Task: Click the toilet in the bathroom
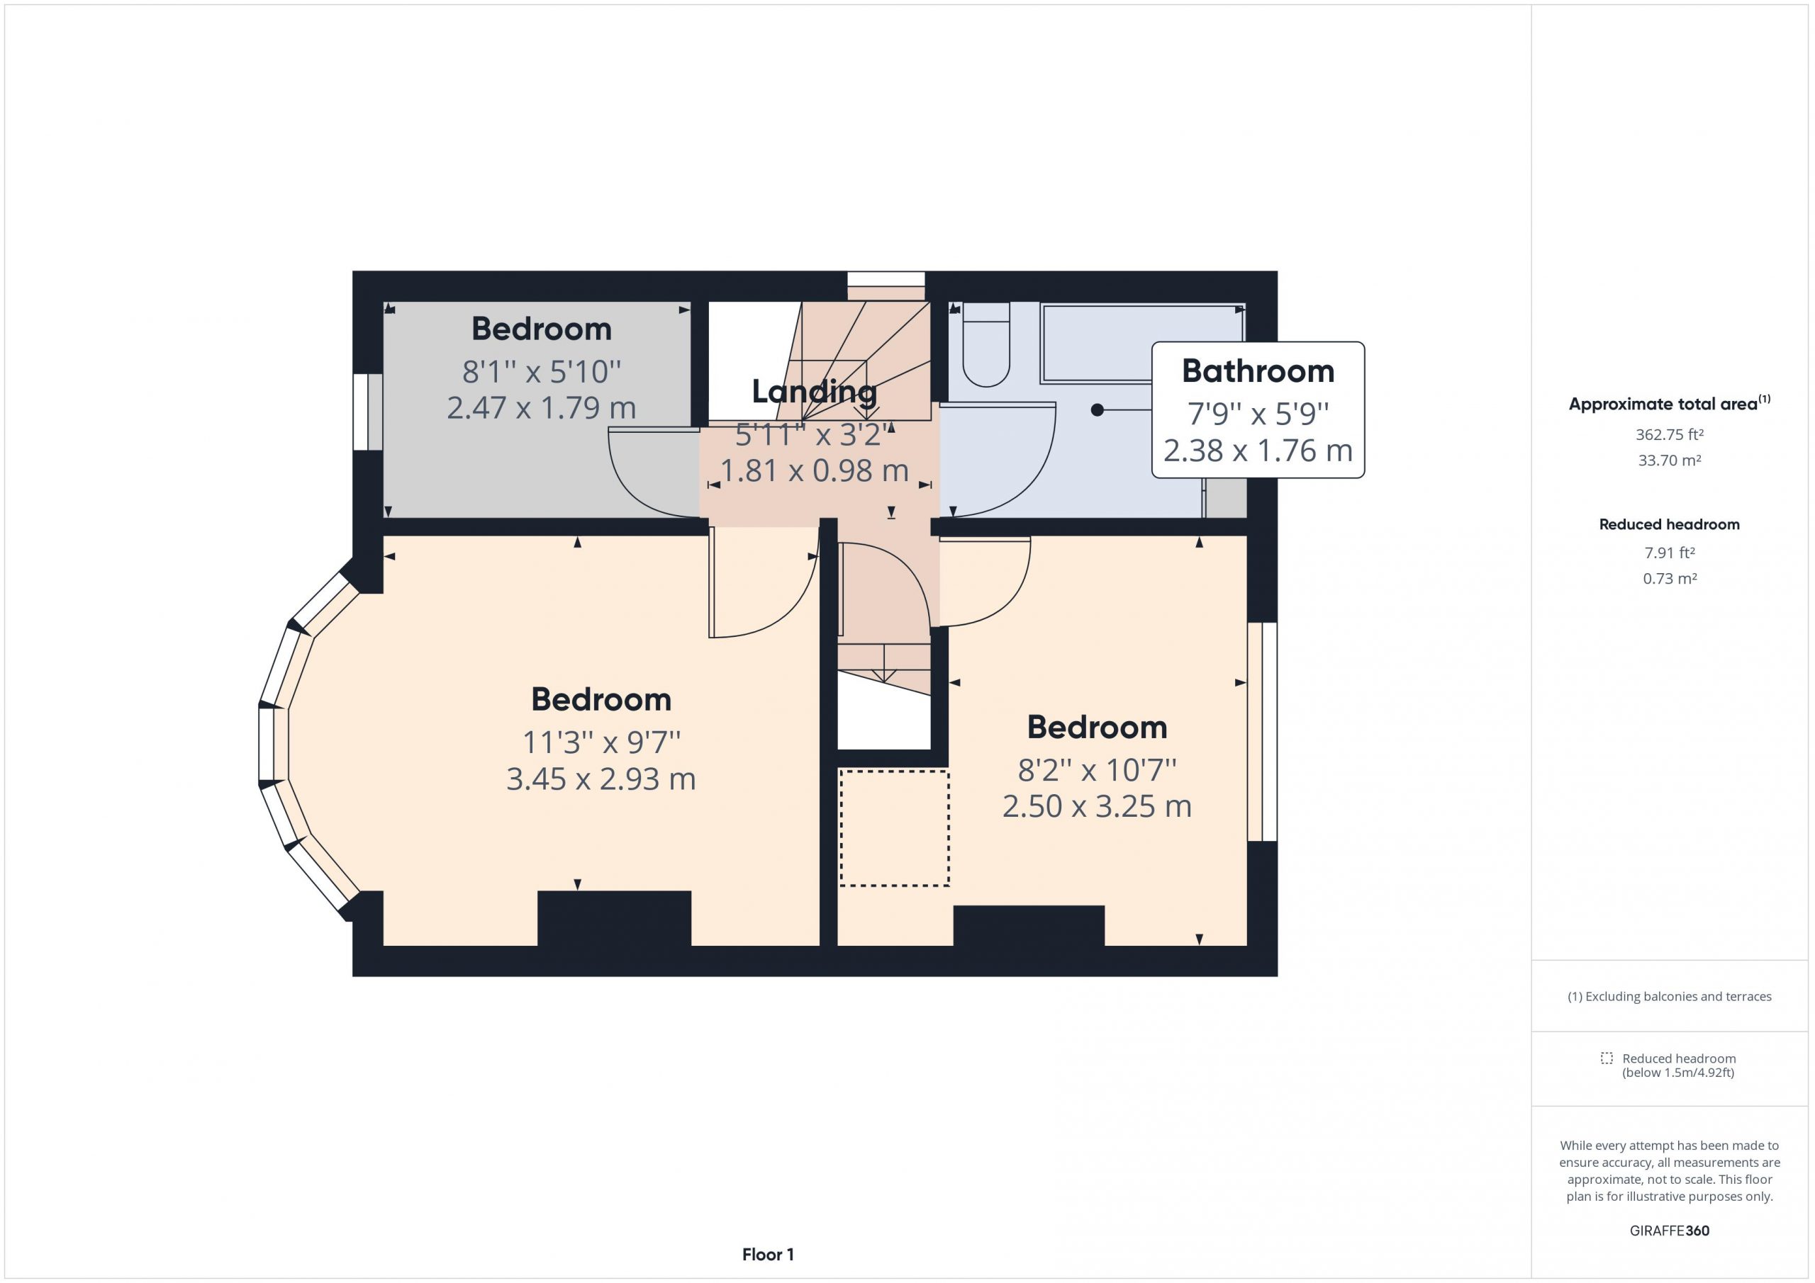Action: click(986, 344)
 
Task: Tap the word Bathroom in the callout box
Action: click(1258, 371)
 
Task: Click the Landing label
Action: click(814, 392)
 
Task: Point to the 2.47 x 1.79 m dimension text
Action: click(542, 407)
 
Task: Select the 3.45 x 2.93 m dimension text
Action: click(601, 779)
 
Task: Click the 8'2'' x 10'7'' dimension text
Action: click(1098, 769)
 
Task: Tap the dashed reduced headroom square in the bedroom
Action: click(894, 828)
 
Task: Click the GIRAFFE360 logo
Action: click(1670, 1230)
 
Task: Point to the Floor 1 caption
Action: click(768, 1255)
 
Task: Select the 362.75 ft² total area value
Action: click(1670, 434)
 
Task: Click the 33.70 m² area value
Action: click(1670, 460)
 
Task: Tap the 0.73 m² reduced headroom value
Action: click(1670, 578)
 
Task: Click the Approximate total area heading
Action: click(1670, 403)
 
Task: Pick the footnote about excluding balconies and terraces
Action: click(1670, 996)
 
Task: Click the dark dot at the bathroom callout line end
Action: click(1098, 410)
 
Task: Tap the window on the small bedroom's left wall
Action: click(367, 412)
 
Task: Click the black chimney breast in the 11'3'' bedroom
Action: click(614, 919)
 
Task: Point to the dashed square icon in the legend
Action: click(1607, 1058)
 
